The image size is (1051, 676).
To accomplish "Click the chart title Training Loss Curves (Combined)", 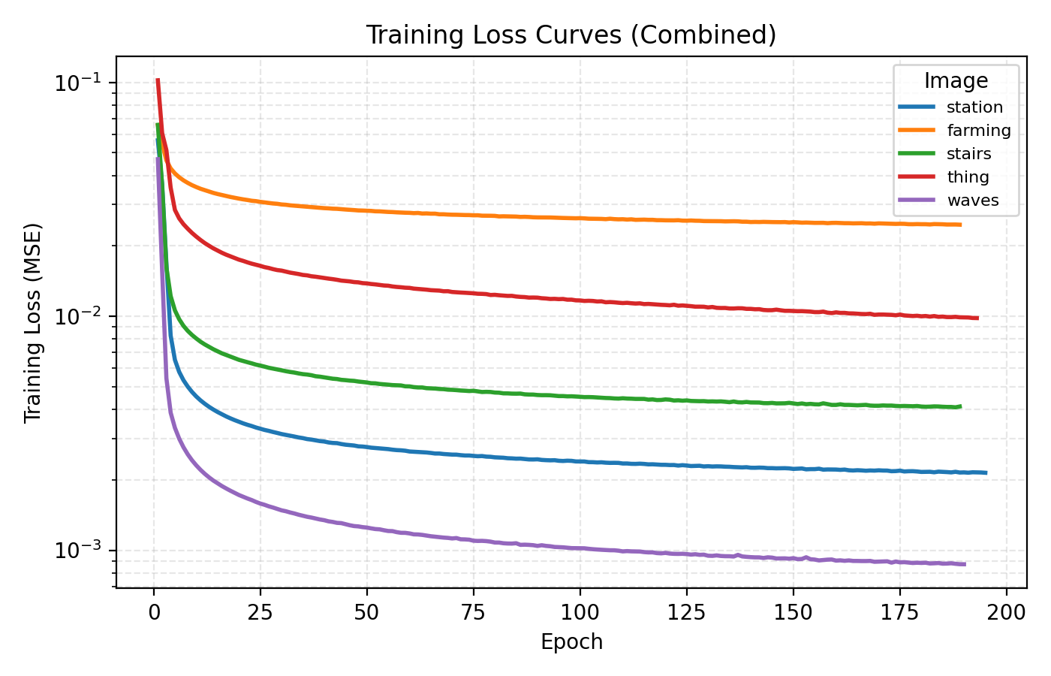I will point(571,35).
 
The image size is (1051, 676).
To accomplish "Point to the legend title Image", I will point(956,81).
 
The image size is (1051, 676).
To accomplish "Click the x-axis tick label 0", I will point(154,613).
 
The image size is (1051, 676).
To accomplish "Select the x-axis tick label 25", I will point(260,613).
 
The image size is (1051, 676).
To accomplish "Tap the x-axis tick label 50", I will point(367,613).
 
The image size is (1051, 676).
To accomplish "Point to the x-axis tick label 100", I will point(580,613).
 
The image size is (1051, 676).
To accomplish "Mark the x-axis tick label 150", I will point(793,613).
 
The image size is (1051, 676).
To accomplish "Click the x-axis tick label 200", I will point(1006,613).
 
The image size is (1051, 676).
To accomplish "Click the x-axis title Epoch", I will point(571,642).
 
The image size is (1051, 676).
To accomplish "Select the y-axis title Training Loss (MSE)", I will point(32,322).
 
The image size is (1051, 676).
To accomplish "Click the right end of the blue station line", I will point(986,472).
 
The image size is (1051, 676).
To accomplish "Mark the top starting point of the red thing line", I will point(158,80).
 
